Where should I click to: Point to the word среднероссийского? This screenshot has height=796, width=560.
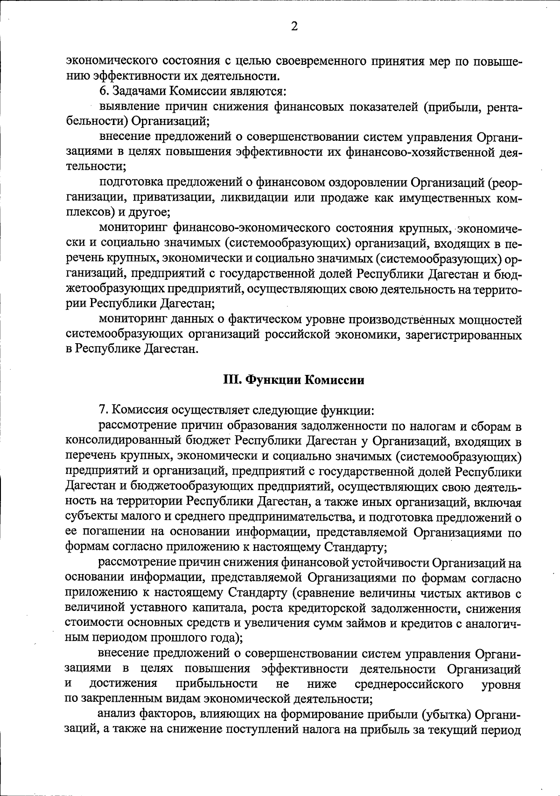click(x=409, y=684)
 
